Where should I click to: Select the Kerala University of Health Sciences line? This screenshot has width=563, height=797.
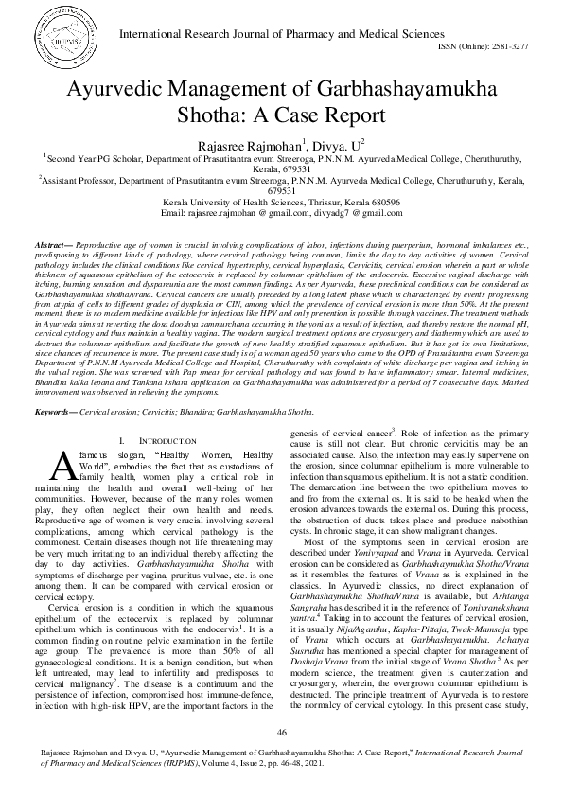(281, 203)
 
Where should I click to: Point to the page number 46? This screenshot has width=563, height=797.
(281, 733)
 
